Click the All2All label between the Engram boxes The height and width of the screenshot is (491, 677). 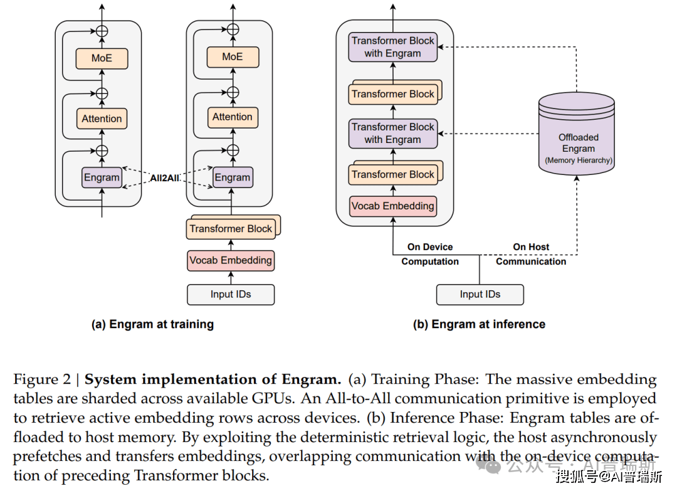point(165,178)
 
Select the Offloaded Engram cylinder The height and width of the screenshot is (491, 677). point(577,135)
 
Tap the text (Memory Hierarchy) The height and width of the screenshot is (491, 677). point(578,161)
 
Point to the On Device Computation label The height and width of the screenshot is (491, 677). point(430,254)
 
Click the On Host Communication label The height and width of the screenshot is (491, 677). point(531,254)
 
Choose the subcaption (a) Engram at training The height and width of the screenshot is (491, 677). point(153,324)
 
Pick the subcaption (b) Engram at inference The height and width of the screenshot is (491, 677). point(479,324)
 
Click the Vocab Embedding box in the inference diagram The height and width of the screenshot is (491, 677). point(392,206)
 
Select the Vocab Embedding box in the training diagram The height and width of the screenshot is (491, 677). point(231,260)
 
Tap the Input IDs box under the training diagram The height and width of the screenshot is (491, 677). point(231,294)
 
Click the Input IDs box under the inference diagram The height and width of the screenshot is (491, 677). point(480,294)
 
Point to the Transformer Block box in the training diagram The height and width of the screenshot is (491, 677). point(231,229)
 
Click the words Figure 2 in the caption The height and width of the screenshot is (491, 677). point(42,379)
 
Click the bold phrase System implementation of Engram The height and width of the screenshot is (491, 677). point(213,379)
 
